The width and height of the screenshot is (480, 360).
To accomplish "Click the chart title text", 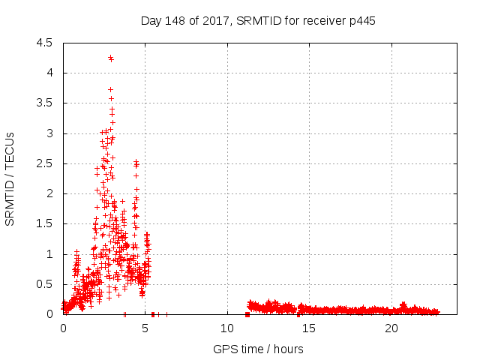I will coord(258,20).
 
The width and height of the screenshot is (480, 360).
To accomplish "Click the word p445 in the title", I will coord(361,20).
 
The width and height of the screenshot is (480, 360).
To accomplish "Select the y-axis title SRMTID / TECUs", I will coord(10,178).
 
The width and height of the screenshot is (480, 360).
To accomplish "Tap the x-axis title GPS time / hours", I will coord(258,349).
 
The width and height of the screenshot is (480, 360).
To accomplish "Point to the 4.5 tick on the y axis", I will coord(45,43).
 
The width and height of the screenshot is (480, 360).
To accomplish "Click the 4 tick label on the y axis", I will coord(49,73).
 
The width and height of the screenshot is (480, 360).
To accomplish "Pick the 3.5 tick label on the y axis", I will coord(45,103).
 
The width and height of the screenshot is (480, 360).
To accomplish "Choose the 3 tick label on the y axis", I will coord(49,133).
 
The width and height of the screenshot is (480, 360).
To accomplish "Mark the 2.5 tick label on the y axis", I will coord(45,163).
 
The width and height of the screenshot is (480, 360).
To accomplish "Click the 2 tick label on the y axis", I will coord(49,193).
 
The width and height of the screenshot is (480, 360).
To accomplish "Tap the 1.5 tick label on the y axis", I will coord(45,224).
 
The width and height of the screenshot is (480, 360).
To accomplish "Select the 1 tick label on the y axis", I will coord(49,254).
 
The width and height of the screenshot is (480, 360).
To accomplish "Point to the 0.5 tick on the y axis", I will coord(45,284).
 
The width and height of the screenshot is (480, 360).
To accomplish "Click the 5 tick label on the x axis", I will coord(145,328).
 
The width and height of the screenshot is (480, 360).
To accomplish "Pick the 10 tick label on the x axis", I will coord(227,328).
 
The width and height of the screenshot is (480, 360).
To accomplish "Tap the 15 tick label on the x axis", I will coord(310,328).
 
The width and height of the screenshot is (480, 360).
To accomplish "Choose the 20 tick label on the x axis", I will coord(391,328).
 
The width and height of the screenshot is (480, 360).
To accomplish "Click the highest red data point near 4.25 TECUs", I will coord(110,57).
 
